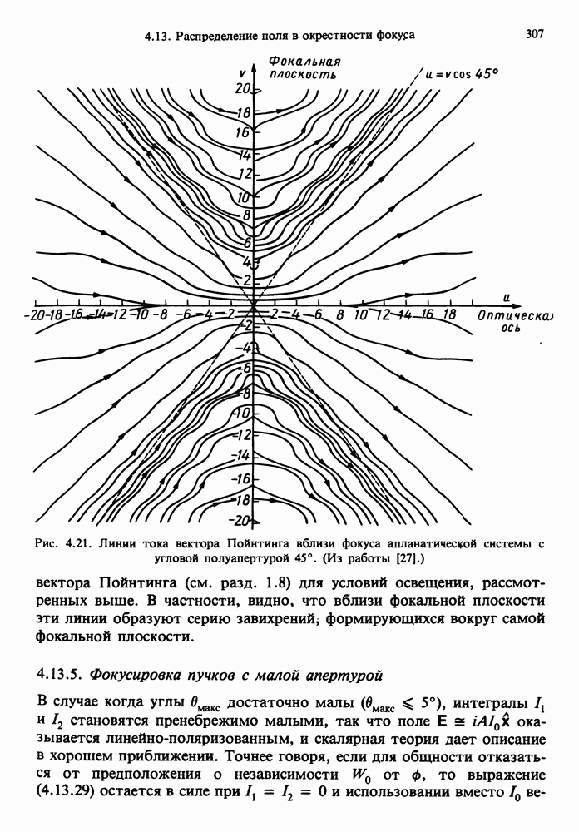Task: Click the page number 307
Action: coord(536,34)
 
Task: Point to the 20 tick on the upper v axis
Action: coord(243,88)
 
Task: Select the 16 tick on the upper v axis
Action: coord(243,132)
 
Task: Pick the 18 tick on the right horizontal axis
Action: coord(448,316)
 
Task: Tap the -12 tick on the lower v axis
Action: coord(243,435)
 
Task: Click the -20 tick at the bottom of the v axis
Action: coord(241,521)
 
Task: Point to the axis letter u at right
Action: coord(506,297)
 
